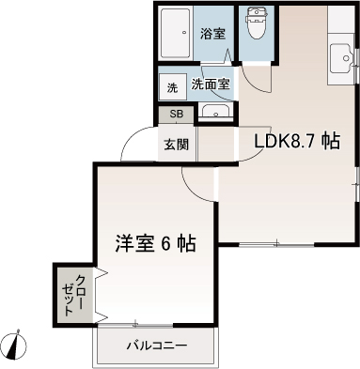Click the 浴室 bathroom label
(213, 35)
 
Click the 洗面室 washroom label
(211, 84)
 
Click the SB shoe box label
(176, 115)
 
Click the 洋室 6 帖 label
(155, 244)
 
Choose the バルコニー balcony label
(156, 346)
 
